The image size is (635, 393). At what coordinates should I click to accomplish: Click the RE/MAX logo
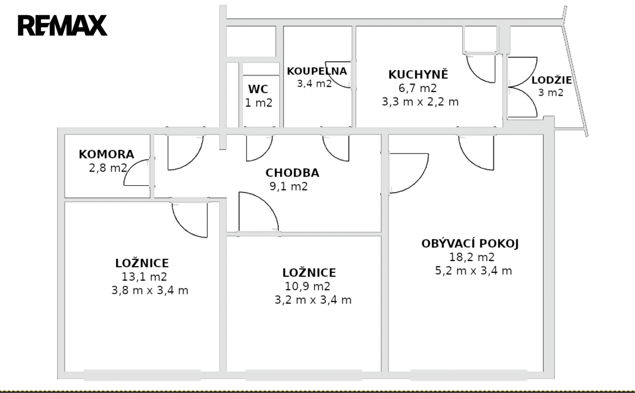click(62, 25)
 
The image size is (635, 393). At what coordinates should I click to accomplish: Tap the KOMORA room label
click(106, 155)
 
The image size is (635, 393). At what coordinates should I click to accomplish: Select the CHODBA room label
click(292, 173)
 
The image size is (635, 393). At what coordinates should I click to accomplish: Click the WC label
click(258, 90)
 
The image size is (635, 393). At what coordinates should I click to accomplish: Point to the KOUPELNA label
click(317, 71)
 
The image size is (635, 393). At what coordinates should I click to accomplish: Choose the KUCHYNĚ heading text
click(418, 74)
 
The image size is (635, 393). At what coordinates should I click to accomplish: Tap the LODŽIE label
click(552, 80)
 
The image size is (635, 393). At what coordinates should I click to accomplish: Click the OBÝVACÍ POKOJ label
click(470, 244)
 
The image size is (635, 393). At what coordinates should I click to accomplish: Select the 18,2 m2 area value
click(472, 257)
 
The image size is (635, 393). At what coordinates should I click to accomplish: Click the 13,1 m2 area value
click(144, 277)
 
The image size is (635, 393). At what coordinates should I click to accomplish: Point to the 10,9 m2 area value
click(308, 287)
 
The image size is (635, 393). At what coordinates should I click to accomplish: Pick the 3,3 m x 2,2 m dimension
click(420, 102)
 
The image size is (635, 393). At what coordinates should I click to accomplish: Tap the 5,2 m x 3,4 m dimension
click(473, 271)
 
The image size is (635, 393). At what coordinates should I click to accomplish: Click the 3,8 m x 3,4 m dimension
click(150, 291)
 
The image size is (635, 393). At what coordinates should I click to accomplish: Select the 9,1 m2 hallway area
click(289, 187)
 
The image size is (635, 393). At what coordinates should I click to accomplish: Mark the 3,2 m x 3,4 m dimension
click(313, 300)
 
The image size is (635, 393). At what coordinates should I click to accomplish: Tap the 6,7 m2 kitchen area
click(418, 88)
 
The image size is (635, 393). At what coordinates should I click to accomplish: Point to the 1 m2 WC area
click(258, 103)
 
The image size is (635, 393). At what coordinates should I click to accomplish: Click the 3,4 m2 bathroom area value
click(314, 84)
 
